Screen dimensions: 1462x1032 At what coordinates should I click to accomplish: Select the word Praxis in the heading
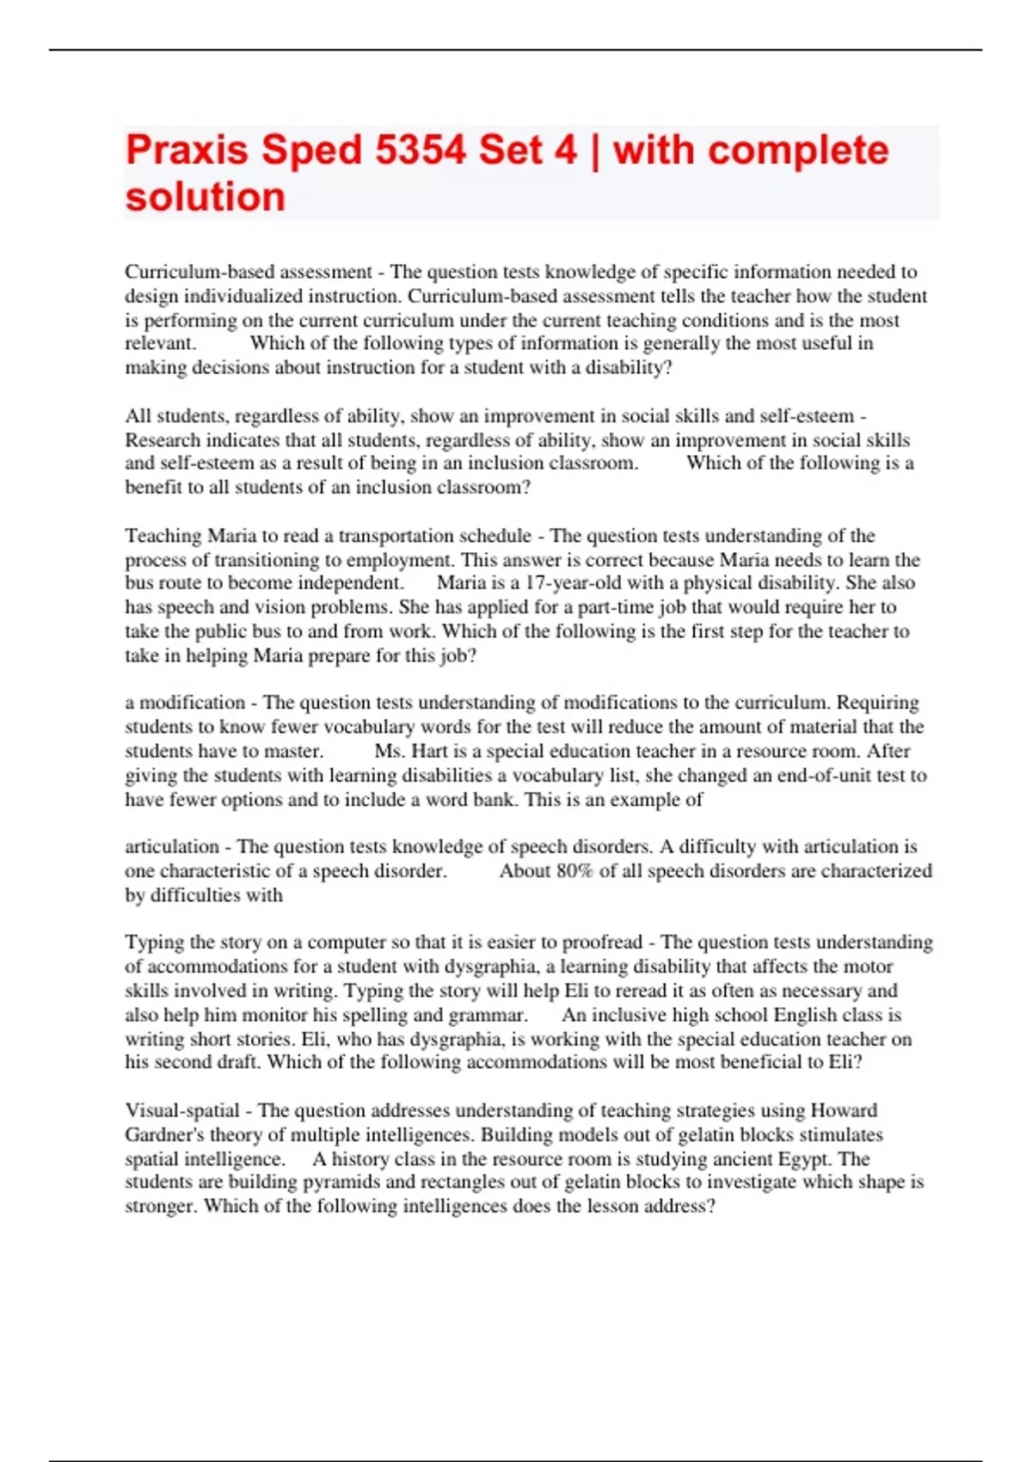click(187, 150)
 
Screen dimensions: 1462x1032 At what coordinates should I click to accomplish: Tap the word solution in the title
click(205, 197)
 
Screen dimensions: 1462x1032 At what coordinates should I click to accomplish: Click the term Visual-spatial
click(182, 1110)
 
